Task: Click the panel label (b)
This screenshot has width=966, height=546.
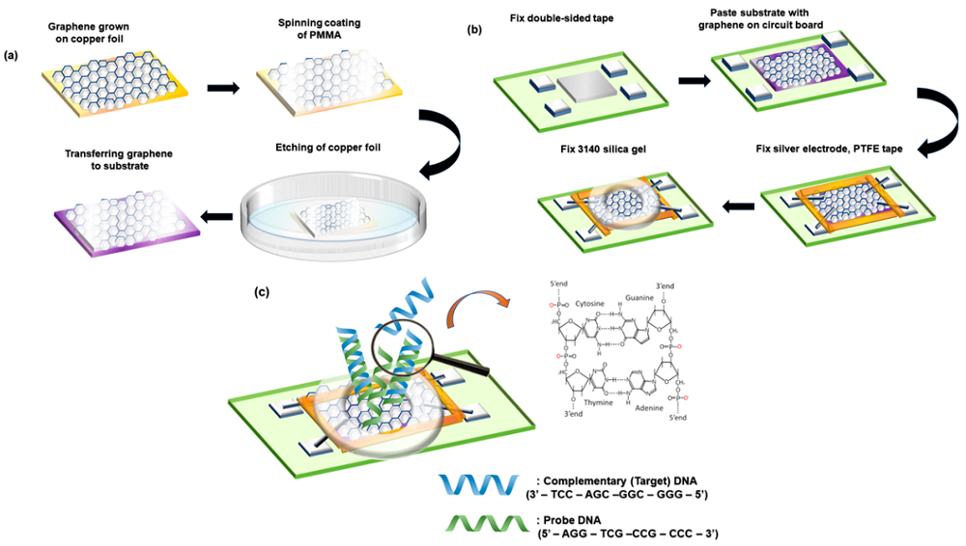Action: coord(474,30)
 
